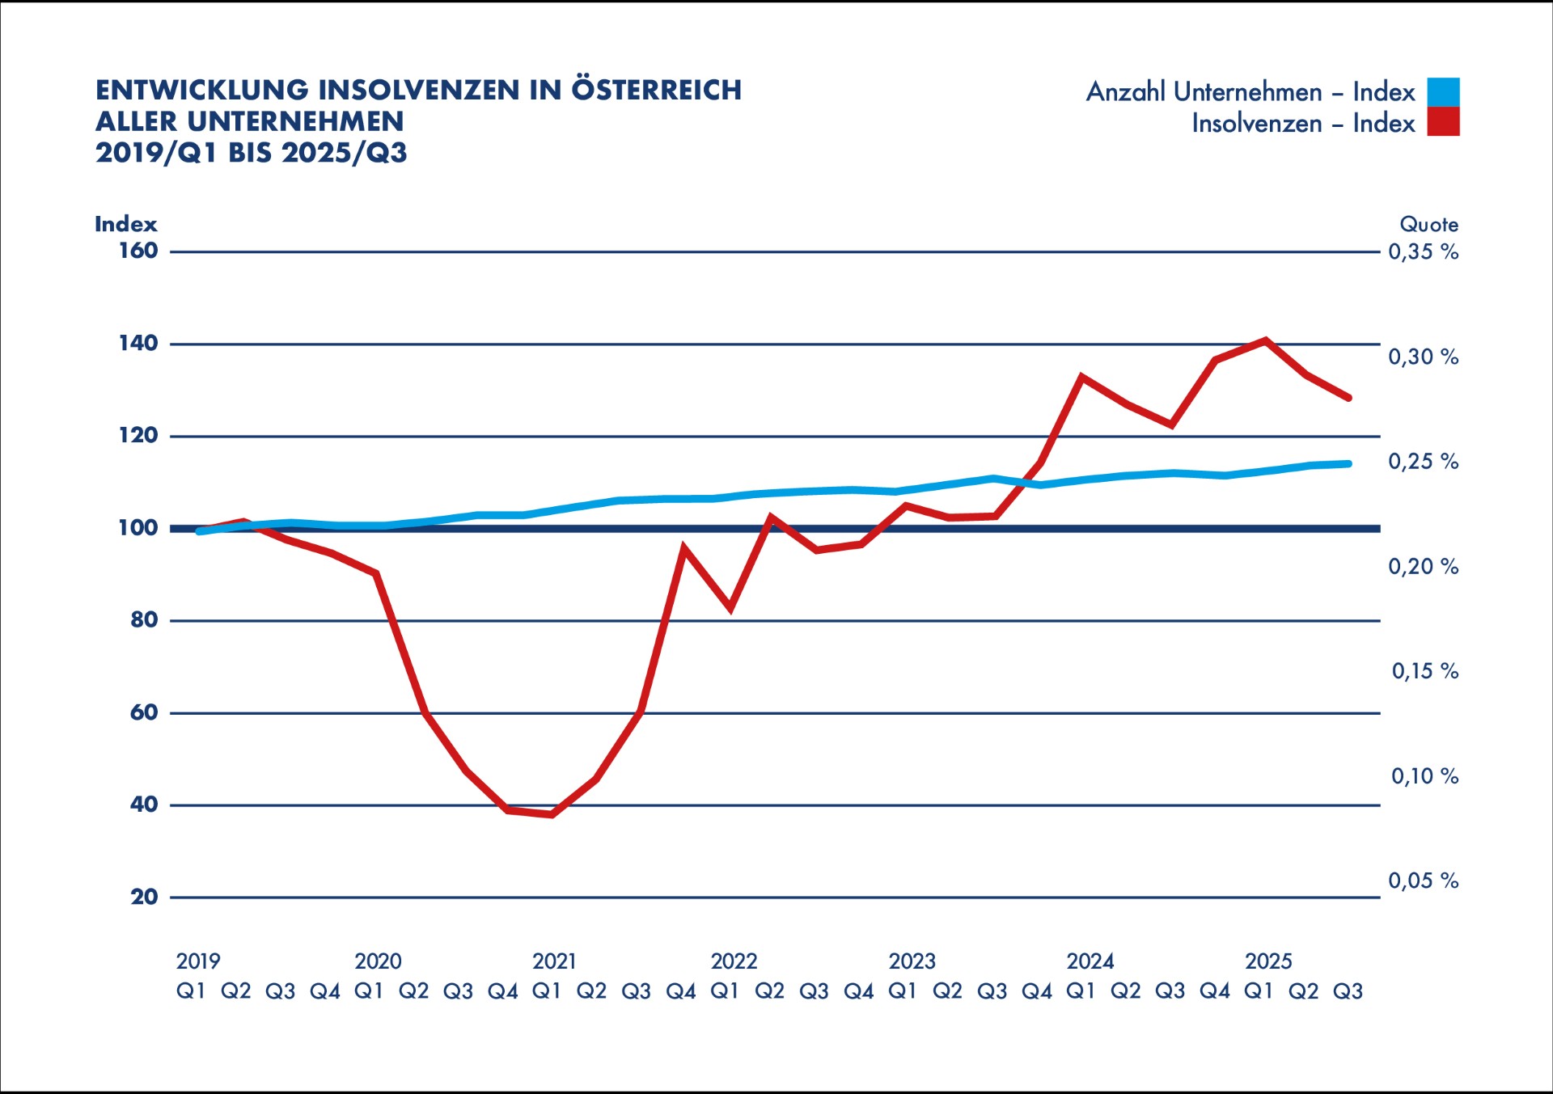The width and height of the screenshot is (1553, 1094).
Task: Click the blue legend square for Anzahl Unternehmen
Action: tap(1443, 91)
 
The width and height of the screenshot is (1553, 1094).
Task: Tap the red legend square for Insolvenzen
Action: tap(1443, 122)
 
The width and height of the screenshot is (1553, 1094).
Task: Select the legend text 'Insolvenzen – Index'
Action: tap(1302, 124)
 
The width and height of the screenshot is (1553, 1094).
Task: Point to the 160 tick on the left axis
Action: tap(138, 251)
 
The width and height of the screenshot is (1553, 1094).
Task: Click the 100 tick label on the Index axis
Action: tap(138, 528)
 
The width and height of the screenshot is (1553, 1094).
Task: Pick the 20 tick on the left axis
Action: tap(144, 897)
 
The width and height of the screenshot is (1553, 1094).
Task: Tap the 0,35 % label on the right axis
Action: tap(1423, 251)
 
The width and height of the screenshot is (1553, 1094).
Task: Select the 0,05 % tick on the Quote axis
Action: tap(1423, 881)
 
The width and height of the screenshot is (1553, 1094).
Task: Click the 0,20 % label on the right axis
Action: tap(1423, 566)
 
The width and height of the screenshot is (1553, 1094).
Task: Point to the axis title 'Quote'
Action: tap(1428, 224)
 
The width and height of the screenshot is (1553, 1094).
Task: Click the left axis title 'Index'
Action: tap(125, 224)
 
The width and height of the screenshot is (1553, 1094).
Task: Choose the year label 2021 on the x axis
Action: tap(554, 961)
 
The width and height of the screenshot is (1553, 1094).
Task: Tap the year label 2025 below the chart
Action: tap(1267, 961)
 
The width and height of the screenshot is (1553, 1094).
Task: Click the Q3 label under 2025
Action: tap(1348, 991)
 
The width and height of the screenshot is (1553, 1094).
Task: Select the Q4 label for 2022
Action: tap(858, 991)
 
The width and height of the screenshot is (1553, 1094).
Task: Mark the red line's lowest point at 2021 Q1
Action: tap(552, 814)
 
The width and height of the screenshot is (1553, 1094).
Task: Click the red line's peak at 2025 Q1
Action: tap(1265, 340)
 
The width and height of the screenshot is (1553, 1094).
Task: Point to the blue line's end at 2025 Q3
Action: tap(1348, 464)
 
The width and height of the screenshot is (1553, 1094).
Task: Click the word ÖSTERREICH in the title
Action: tap(656, 90)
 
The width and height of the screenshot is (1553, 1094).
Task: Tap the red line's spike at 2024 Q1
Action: tap(1081, 377)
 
